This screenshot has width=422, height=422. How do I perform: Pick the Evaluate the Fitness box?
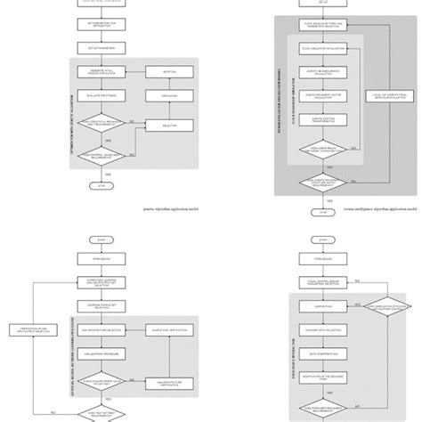point(105,93)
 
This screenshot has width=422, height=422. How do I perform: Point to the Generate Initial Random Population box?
point(105,70)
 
